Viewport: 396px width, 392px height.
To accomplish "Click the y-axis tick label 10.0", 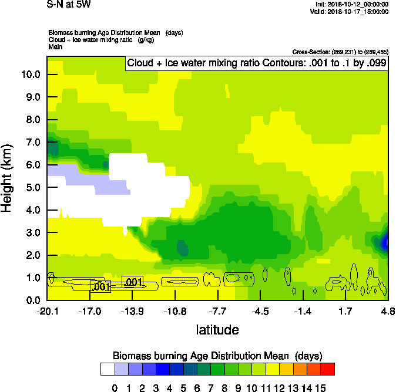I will pos(30,75).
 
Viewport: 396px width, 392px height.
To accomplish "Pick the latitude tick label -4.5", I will pos(260,311).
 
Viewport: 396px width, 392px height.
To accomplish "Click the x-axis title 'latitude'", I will pos(217,330).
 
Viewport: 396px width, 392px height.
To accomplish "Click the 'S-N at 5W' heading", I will pos(69,5).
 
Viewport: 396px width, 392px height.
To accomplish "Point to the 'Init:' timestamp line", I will pos(351,5).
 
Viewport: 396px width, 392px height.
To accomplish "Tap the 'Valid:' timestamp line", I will pos(349,11).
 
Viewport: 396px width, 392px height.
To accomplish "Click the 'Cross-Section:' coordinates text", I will pos(340,52).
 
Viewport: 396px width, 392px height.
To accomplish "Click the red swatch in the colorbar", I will pos(328,369).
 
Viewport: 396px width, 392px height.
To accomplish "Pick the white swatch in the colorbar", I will pos(108,369).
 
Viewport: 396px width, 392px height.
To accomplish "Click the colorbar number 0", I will pos(115,387).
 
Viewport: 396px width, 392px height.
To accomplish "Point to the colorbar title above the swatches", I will pos(217,356).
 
